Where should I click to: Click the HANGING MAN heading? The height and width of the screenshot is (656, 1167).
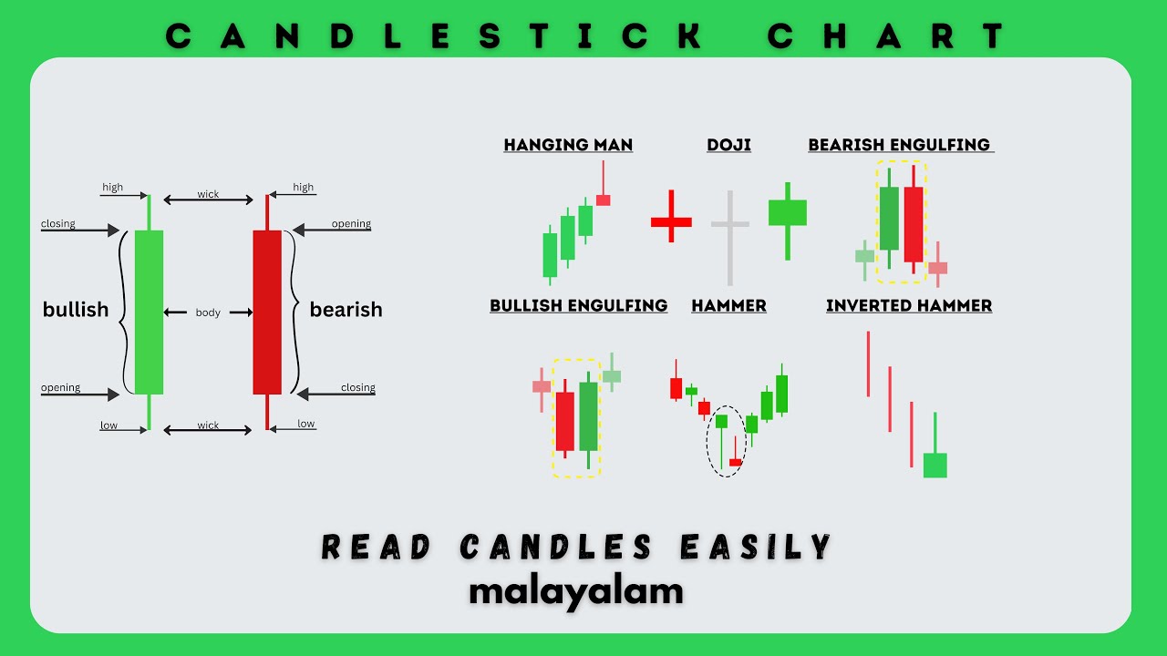[x=568, y=145]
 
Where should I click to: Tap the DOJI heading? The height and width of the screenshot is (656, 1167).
[x=728, y=145]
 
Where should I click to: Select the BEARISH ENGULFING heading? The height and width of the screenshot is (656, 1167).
[x=900, y=145]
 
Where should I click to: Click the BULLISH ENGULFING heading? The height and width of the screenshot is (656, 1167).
[x=579, y=305]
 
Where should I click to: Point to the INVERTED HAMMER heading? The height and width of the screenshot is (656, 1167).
[x=909, y=305]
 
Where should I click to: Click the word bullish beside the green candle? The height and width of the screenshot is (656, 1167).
[x=76, y=310]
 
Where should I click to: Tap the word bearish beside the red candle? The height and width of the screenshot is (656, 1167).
[x=346, y=310]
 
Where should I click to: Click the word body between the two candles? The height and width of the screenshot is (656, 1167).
[x=208, y=313]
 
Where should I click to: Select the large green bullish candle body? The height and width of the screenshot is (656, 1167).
[x=149, y=312]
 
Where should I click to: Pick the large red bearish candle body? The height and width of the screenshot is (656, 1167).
[x=267, y=312]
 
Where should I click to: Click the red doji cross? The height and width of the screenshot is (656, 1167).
[x=671, y=220]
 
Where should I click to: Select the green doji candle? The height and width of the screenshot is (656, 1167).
[x=787, y=212]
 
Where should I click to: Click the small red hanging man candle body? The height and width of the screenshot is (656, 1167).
[x=603, y=200]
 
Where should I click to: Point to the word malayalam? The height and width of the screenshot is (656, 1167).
[x=576, y=590]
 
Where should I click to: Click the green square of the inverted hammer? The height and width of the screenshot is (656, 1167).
[x=935, y=465]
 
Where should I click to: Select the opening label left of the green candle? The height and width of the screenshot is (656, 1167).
[x=60, y=388]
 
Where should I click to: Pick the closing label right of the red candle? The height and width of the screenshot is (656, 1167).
[x=357, y=388]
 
